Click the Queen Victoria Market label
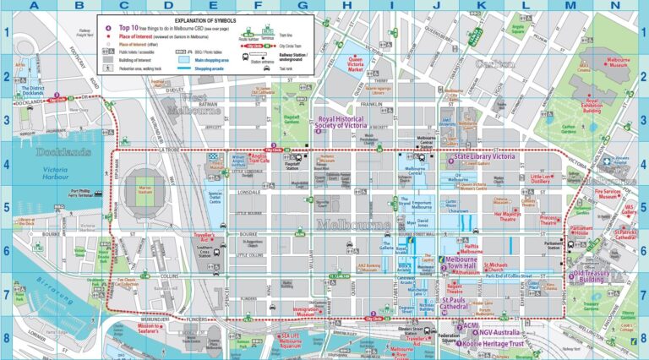(356, 64)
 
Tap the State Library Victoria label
(485, 157)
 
